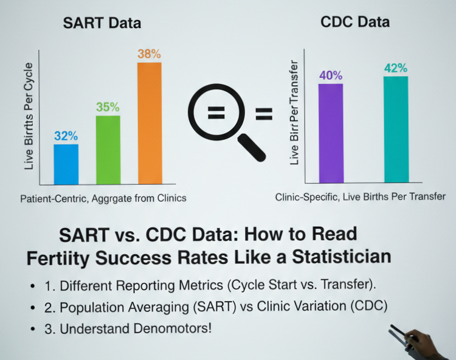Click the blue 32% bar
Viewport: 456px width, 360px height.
66,164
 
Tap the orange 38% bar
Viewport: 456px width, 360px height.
149,123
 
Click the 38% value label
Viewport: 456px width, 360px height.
149,54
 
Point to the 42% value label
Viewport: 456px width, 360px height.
395,68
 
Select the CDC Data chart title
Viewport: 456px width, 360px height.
355,22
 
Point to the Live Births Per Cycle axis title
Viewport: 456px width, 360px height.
29,115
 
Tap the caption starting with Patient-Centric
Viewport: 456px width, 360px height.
103,199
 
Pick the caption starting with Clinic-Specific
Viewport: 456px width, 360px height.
360,197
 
